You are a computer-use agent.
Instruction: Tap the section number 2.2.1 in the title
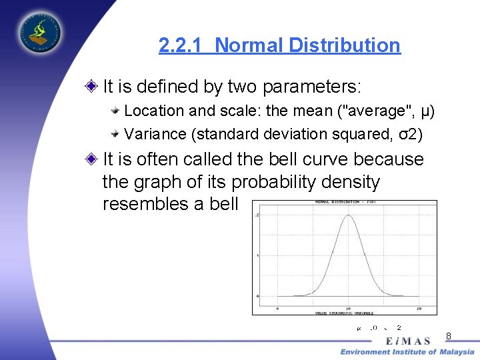pos(182,45)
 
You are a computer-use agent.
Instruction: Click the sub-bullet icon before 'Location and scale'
pos(115,110)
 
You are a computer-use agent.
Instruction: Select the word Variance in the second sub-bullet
pos(155,134)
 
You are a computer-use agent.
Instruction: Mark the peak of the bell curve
pos(348,215)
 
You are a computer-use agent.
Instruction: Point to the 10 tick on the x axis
pos(348,309)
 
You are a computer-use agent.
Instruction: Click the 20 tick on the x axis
pos(418,309)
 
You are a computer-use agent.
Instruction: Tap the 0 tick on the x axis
pos(277,309)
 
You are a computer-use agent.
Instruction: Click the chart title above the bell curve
pos(345,202)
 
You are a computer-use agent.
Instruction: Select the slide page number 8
pos(449,336)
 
